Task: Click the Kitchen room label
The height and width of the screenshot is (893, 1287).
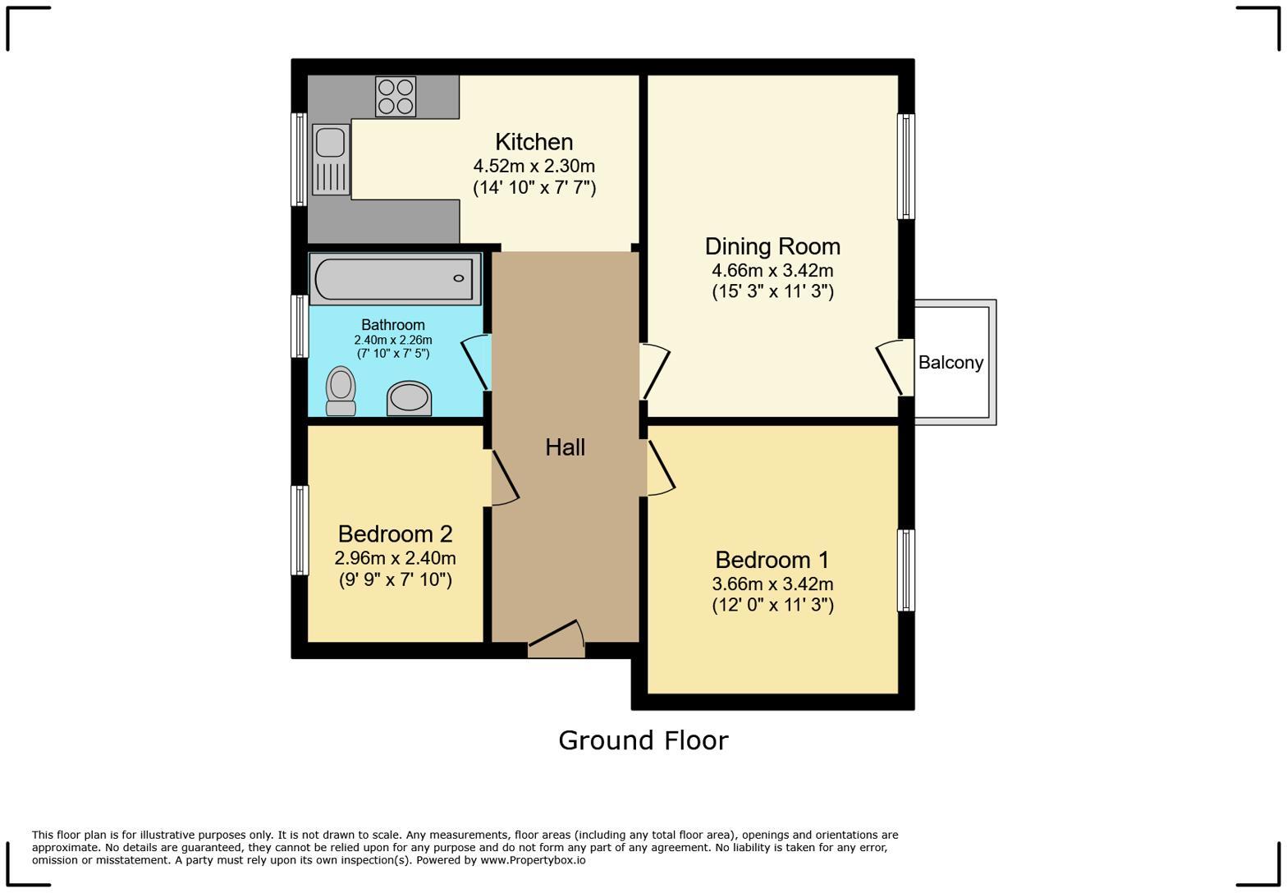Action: click(x=534, y=142)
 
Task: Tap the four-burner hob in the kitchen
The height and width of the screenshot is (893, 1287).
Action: click(x=396, y=96)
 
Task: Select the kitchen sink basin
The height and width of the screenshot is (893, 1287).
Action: click(x=330, y=142)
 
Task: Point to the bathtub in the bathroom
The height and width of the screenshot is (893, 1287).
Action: click(x=396, y=279)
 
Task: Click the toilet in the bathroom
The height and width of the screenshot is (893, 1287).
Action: click(x=341, y=391)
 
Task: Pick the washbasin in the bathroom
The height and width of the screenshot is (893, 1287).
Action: click(x=409, y=397)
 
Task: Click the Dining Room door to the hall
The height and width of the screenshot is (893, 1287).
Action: click(x=654, y=371)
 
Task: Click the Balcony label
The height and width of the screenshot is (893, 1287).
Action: click(x=950, y=363)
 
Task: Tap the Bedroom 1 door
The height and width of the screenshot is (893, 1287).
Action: click(x=661, y=467)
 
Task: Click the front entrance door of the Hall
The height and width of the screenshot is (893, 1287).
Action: click(x=556, y=639)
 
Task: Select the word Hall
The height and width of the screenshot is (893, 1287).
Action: click(x=565, y=447)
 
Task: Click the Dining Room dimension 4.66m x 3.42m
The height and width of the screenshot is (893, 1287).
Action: click(x=773, y=270)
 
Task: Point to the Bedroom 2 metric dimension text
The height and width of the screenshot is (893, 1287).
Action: click(x=396, y=558)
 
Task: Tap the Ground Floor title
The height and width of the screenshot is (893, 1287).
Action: click(x=643, y=740)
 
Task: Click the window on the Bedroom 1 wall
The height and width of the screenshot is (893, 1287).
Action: click(x=906, y=570)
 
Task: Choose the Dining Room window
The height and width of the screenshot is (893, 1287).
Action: click(x=906, y=166)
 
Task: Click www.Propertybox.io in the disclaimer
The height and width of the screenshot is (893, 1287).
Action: click(x=534, y=860)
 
